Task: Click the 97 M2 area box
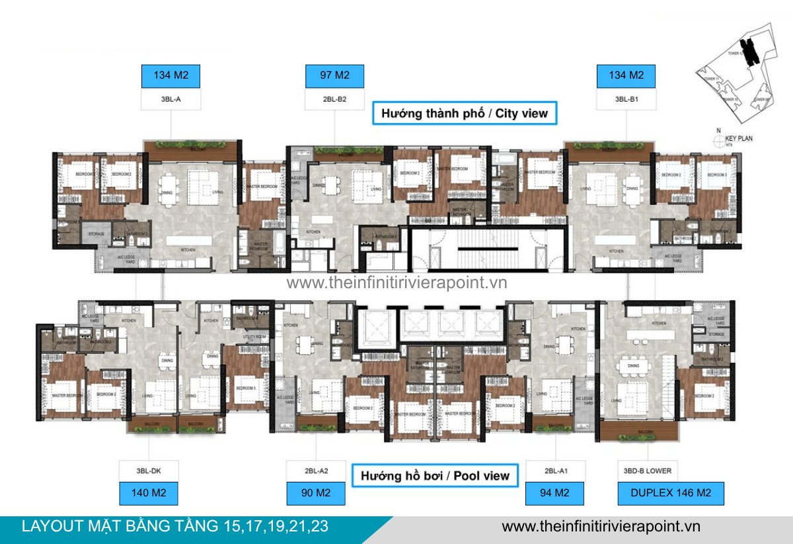click(x=334, y=75)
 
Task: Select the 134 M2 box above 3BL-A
click(x=171, y=75)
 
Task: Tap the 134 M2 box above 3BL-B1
click(x=626, y=75)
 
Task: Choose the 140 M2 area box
click(x=150, y=493)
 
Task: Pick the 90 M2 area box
click(x=317, y=493)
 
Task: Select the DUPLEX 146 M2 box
click(x=671, y=493)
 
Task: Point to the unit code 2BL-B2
click(x=334, y=100)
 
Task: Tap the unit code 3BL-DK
click(x=150, y=471)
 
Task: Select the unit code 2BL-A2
click(x=317, y=471)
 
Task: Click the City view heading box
click(x=465, y=113)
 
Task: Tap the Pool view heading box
click(x=435, y=475)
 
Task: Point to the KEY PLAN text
click(x=739, y=139)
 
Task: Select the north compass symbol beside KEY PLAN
click(x=718, y=139)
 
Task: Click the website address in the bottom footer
click(x=601, y=526)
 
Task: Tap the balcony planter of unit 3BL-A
click(x=191, y=143)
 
